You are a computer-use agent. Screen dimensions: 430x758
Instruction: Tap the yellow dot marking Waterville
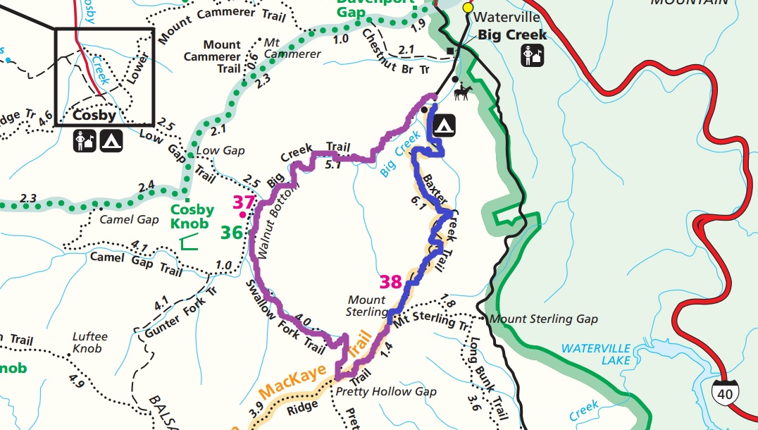pos(467,7)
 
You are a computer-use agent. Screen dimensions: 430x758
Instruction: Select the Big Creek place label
pos(507,35)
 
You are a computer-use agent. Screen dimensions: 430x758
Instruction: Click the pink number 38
pos(390,282)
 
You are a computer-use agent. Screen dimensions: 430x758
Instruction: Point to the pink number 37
pos(243,203)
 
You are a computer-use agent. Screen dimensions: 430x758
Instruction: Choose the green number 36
pos(232,232)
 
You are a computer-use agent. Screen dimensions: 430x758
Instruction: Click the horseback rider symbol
pos(463,92)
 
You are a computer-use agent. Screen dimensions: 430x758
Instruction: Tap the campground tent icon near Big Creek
pos(443,125)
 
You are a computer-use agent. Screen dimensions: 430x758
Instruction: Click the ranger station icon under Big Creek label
pos(532,55)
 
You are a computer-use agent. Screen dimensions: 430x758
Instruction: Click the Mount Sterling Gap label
pos(543,319)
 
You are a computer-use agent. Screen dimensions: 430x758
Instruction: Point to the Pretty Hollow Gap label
pos(386,391)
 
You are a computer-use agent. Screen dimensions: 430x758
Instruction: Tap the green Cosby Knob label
pos(192,216)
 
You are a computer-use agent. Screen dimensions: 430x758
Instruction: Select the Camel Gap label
pos(129,219)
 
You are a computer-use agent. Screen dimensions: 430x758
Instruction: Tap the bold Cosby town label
pos(94,114)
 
